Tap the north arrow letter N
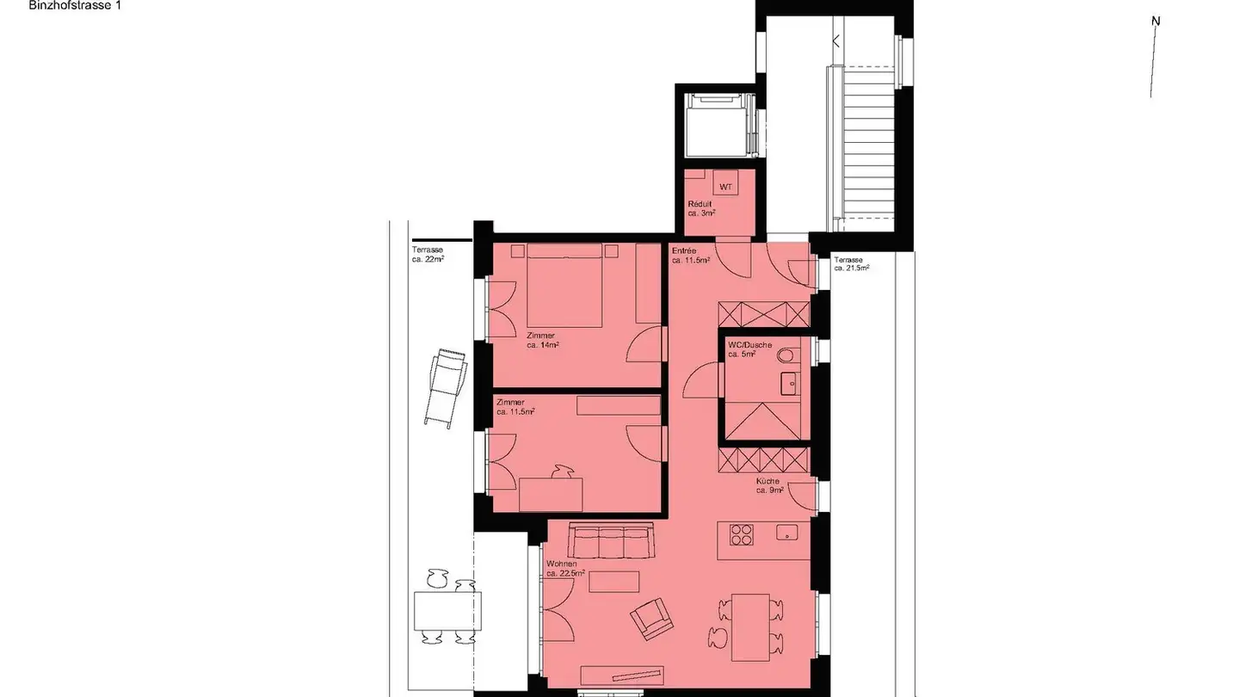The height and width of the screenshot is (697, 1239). tap(1157, 22)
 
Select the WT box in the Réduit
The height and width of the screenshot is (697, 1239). tap(725, 187)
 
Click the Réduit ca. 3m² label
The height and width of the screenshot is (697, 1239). tap(701, 208)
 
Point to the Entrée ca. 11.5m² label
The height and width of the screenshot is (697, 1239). tap(690, 256)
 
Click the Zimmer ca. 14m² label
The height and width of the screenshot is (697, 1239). tap(543, 340)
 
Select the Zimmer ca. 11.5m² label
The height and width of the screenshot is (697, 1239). tap(515, 407)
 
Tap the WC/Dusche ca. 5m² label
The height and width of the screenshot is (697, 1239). tap(749, 349)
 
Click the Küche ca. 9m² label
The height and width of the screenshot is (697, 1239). tap(769, 486)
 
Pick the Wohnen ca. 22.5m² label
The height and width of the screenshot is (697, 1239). tap(565, 568)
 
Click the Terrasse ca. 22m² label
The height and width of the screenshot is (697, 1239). tap(428, 255)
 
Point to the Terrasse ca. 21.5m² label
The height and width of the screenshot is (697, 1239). tap(850, 263)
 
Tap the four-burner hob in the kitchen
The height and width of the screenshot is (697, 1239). tap(741, 535)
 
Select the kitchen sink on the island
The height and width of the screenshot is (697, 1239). tap(786, 533)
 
